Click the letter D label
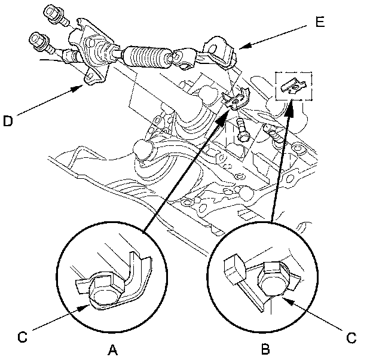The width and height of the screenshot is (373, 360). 8,121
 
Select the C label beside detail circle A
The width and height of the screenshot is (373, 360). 22,337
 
